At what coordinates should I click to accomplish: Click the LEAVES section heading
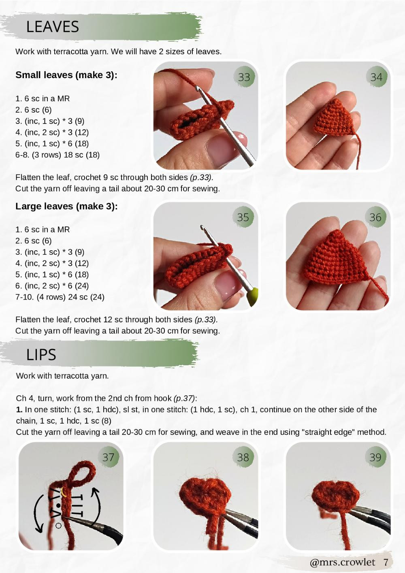pos(52,27)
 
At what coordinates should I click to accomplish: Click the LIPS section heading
pos(41,355)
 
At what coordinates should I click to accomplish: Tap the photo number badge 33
pos(244,77)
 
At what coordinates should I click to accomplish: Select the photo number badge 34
pos(376,77)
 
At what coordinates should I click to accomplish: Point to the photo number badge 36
pos(375,217)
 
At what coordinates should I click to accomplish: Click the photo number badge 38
pos(243,457)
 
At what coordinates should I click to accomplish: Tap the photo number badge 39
pos(375,457)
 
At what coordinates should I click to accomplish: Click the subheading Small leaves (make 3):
pos(66,75)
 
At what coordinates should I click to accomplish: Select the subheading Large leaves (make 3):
pos(66,206)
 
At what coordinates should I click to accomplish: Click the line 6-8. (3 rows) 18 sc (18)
pos(58,155)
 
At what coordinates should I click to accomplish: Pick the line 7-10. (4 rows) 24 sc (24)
pos(60,297)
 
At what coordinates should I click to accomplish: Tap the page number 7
pos(386,562)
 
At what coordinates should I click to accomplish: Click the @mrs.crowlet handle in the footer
pos(342,562)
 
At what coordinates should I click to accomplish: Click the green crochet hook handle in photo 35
pos(252,296)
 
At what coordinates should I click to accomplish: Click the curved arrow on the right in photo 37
pos(96,506)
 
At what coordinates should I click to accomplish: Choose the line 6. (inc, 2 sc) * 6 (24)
pos(52,285)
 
